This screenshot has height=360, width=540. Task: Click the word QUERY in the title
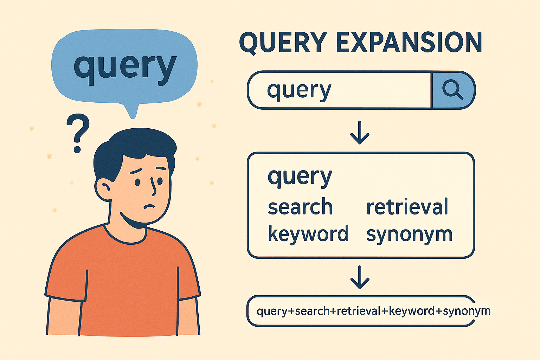[x=283, y=43]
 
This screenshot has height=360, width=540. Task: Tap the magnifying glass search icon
[x=452, y=90]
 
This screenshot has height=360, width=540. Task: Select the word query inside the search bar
[x=299, y=90]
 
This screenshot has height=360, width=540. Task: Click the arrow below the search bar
[x=360, y=133]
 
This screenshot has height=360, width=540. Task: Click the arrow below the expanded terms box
[x=360, y=278]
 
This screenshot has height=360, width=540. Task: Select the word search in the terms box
[x=300, y=207]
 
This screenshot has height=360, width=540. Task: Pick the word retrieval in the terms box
[x=407, y=207]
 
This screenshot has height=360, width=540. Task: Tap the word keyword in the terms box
[x=308, y=234]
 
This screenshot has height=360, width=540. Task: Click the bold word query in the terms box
[x=300, y=176]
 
